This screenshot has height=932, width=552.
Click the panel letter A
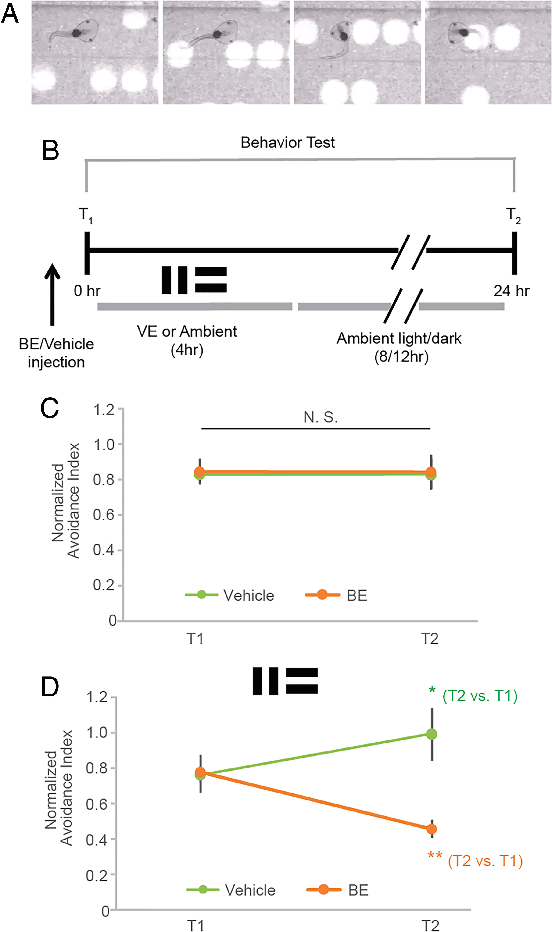point(10,14)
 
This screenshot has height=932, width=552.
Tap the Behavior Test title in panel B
point(287,143)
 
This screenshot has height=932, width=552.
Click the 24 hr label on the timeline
point(511,291)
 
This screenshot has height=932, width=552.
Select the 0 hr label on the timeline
point(87,291)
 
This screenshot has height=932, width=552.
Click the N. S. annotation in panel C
point(320,417)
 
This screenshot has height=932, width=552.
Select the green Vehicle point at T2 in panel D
point(431,734)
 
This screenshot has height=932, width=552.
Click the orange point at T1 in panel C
point(200,472)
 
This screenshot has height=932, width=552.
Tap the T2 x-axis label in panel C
point(430,639)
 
